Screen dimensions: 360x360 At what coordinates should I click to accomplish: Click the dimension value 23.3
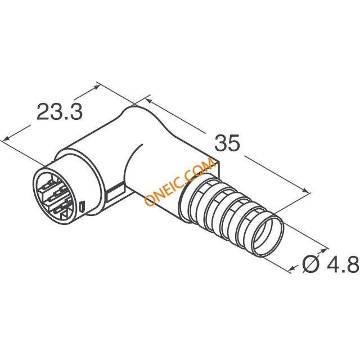tap(60, 111)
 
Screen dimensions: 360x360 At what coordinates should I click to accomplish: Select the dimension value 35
tap(227, 143)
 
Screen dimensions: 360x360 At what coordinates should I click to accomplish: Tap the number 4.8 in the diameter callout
tap(343, 264)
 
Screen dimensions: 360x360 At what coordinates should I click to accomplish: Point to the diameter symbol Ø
tap(311, 264)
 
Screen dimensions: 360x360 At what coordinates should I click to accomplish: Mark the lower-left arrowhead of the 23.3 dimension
tap(6, 138)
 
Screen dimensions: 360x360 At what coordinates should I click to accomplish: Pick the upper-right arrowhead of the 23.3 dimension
tap(96, 87)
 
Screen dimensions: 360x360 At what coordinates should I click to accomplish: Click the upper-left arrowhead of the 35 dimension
tap(148, 101)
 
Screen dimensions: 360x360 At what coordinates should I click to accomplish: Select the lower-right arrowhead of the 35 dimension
tap(305, 191)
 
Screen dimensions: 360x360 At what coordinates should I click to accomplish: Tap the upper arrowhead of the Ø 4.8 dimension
tap(324, 250)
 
